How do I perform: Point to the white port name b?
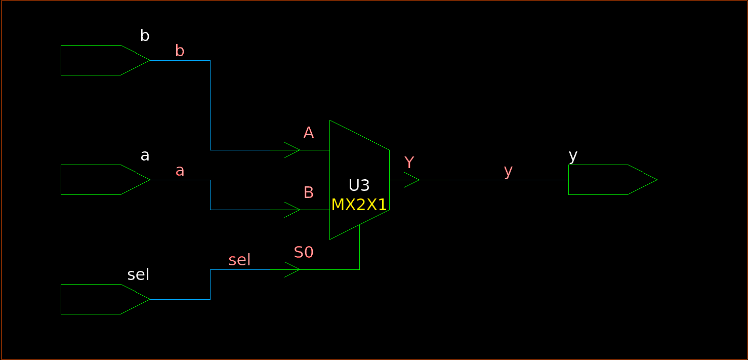point(145,36)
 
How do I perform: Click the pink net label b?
point(180,51)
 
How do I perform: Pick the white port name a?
point(145,155)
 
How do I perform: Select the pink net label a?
point(180,171)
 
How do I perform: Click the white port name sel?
point(138,275)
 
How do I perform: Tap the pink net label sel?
point(239,260)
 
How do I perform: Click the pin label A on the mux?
point(308,133)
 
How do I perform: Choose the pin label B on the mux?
point(308,193)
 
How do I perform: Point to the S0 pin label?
point(304,252)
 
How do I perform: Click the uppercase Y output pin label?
point(409,163)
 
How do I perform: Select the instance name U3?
point(359,186)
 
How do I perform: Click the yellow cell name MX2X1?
point(359,205)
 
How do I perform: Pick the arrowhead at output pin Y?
point(412,180)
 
